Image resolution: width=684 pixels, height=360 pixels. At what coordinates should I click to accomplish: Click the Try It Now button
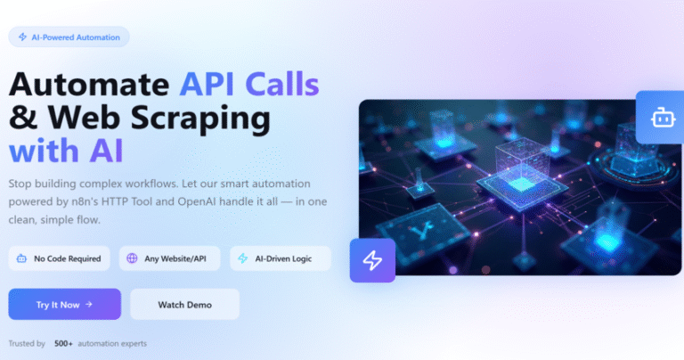click(64, 304)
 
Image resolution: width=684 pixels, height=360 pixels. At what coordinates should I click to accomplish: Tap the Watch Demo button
click(184, 304)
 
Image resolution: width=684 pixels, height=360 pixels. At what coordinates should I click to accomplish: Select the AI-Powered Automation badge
click(69, 37)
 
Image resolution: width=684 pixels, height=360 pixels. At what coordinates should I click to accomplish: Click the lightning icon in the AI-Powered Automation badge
click(22, 37)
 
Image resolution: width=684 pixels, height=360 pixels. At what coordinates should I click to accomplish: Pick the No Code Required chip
click(59, 258)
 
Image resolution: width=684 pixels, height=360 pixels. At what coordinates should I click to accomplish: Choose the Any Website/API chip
click(170, 258)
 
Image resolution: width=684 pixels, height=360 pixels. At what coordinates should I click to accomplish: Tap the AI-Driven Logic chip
click(281, 258)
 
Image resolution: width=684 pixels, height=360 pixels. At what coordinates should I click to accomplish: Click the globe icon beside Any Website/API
click(132, 258)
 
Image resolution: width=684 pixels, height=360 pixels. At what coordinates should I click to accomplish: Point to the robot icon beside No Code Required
click(21, 258)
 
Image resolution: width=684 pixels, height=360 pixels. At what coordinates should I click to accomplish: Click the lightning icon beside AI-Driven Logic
click(242, 258)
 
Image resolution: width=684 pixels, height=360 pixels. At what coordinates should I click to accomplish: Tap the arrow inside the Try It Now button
click(89, 304)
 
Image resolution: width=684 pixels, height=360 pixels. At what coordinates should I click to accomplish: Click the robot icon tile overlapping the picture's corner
click(660, 118)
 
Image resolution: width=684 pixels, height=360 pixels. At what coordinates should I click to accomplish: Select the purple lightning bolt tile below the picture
click(372, 260)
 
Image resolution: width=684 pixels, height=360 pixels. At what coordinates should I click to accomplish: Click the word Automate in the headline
click(89, 84)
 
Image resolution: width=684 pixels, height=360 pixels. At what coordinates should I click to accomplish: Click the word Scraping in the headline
click(200, 119)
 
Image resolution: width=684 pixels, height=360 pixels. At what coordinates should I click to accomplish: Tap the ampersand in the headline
click(23, 117)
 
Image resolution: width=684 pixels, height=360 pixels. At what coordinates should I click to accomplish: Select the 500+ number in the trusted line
click(64, 343)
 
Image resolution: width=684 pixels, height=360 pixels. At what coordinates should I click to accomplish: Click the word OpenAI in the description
click(196, 201)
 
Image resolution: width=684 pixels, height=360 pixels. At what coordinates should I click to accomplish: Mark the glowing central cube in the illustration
click(522, 175)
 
